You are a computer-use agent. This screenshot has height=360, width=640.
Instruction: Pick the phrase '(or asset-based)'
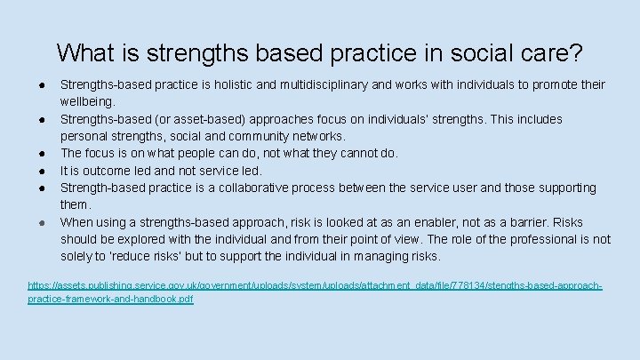coord(194,119)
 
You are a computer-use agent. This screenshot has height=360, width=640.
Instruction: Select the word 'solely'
coord(77,256)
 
